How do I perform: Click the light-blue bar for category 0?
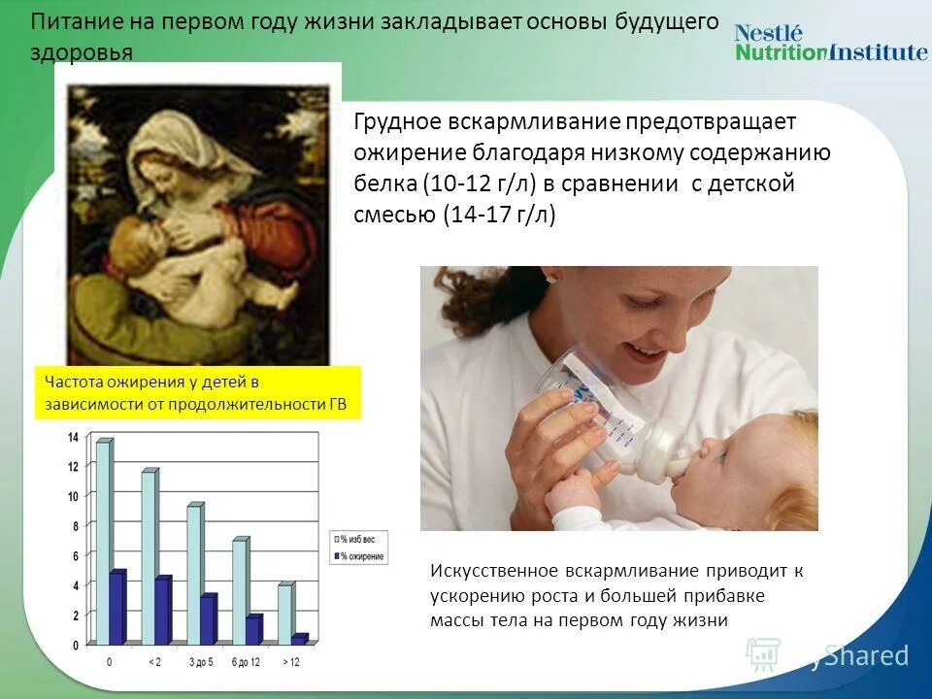[x=103, y=544]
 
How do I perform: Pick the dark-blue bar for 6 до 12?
[x=253, y=630]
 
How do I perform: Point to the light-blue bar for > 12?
[x=284, y=615]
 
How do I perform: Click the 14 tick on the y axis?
[x=73, y=438]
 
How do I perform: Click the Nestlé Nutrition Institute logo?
[x=830, y=43]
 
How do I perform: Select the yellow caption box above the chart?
[x=197, y=393]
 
